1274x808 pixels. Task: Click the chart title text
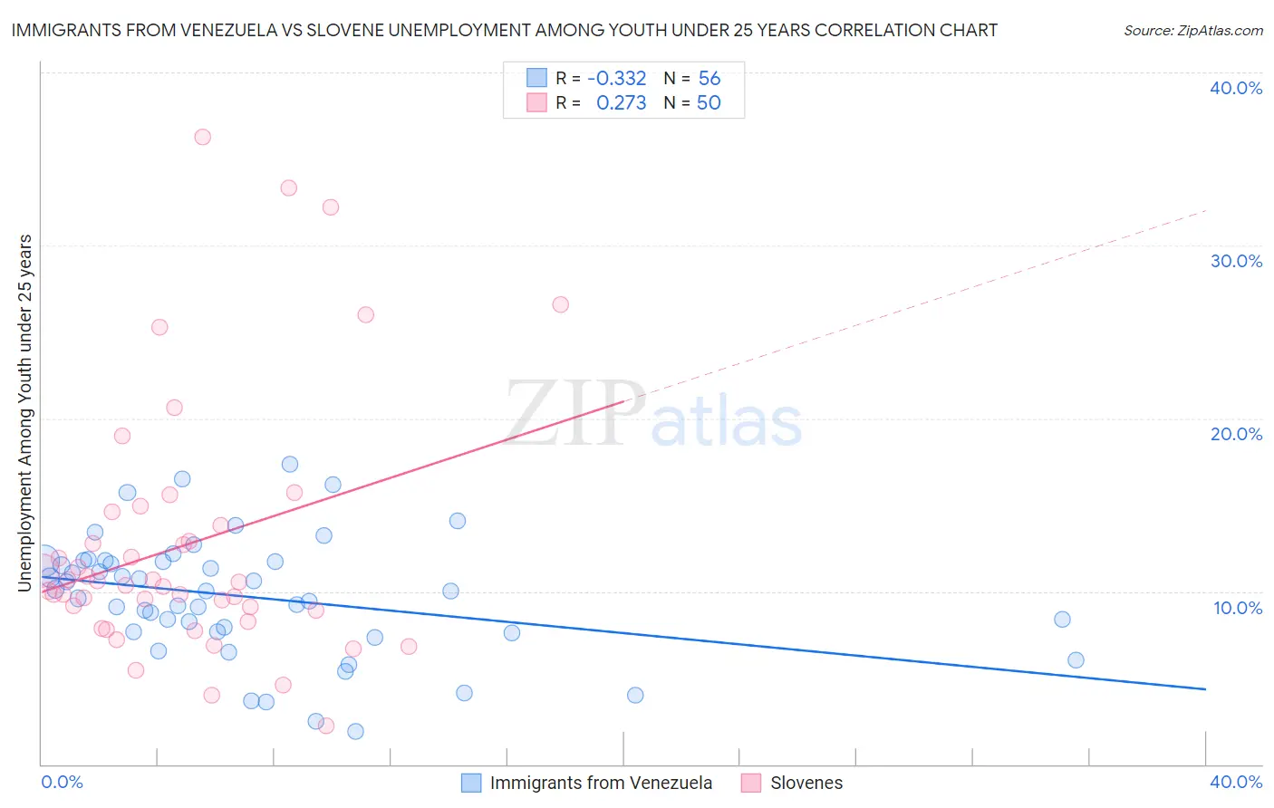pos(504,30)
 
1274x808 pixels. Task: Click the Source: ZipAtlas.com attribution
pos(1192,30)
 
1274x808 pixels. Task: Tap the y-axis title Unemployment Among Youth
pos(25,413)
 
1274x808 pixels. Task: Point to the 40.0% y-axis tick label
pos(1236,88)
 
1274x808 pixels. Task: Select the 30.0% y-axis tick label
pos(1236,261)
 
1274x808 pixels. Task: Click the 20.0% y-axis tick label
pos(1236,434)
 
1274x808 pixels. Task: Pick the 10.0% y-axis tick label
pos(1238,608)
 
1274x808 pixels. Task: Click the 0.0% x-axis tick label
pos(62,782)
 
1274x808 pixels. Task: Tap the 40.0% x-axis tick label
pos(1236,782)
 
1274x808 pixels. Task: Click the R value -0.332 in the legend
pos(616,79)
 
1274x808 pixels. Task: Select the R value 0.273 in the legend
pos(621,103)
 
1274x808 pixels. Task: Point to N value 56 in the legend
pos(709,79)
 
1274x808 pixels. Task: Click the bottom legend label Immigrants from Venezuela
pos(601,783)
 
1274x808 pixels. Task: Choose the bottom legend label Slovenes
pos(806,783)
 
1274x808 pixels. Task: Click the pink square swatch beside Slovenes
pos(750,783)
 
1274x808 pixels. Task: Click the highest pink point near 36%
pos(202,137)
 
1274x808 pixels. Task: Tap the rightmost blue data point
pos(1076,660)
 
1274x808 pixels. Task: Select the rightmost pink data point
pos(560,304)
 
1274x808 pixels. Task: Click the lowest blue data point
pos(355,731)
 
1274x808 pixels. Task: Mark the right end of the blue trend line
pos(1205,689)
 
